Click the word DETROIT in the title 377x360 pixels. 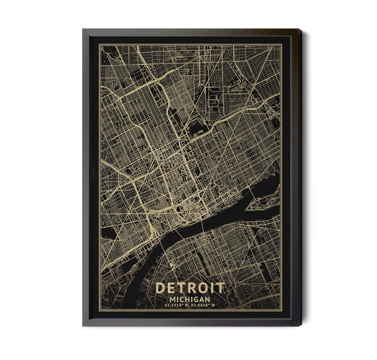point(190,288)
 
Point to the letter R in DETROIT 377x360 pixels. point(189,288)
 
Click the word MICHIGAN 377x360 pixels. point(190,299)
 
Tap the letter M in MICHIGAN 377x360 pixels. point(172,299)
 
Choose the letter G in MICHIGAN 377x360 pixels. point(195,299)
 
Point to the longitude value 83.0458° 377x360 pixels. point(201,305)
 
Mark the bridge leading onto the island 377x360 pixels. point(251,191)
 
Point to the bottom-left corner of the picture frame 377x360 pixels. point(83,325)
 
